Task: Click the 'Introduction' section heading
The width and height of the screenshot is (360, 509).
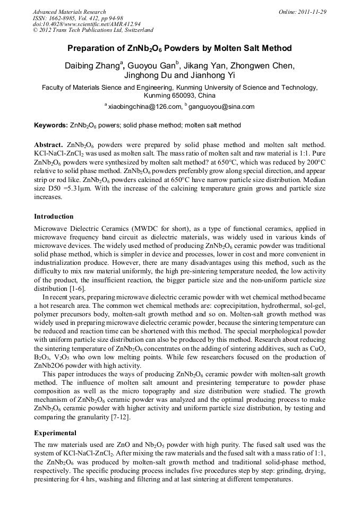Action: pyautogui.click(x=54, y=217)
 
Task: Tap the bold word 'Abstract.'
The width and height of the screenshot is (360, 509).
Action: pyautogui.click(x=49, y=144)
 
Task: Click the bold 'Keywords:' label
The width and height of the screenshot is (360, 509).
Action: pyautogui.click(x=50, y=126)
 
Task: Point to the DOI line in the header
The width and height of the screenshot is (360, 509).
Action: pyautogui.click(x=87, y=24)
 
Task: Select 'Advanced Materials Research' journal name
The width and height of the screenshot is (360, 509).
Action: pyautogui.click(x=69, y=12)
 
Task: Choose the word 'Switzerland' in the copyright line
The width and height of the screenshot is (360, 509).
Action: pyautogui.click(x=135, y=30)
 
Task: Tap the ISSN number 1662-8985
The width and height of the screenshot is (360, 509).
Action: pyautogui.click(x=63, y=18)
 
